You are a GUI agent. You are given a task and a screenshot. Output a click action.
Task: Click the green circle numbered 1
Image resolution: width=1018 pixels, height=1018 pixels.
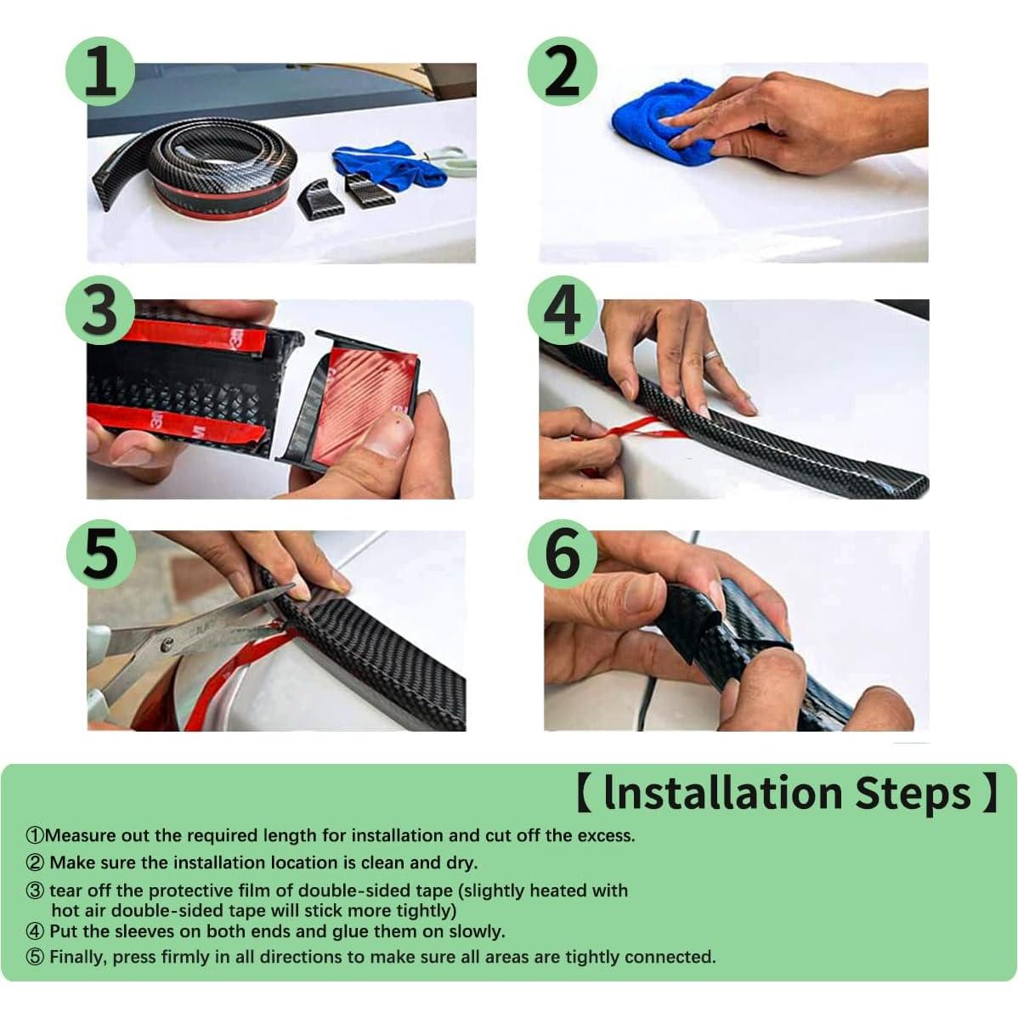pyautogui.click(x=100, y=71)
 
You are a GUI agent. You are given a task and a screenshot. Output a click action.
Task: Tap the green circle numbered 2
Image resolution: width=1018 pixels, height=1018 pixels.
pyautogui.click(x=562, y=71)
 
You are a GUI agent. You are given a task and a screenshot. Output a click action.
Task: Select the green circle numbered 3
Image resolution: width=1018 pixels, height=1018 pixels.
pyautogui.click(x=100, y=310)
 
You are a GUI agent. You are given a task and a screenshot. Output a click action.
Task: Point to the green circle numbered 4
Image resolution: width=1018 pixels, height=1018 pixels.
pyautogui.click(x=562, y=310)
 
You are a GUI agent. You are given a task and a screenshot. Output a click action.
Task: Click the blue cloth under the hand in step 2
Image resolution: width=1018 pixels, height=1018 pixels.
pyautogui.click(x=656, y=123)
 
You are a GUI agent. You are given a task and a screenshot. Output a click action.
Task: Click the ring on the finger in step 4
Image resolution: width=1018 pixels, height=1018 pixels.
pyautogui.click(x=712, y=355)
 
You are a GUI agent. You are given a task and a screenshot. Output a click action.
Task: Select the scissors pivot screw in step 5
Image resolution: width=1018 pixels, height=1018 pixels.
pyautogui.click(x=167, y=645)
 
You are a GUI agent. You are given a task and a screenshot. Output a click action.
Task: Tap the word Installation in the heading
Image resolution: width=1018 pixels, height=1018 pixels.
pyautogui.click(x=723, y=793)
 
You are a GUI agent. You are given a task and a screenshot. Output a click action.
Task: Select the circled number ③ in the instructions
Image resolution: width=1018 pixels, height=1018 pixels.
pyautogui.click(x=35, y=890)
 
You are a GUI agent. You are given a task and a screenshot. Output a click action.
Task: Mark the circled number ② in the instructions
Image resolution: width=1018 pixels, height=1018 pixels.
pyautogui.click(x=35, y=862)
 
